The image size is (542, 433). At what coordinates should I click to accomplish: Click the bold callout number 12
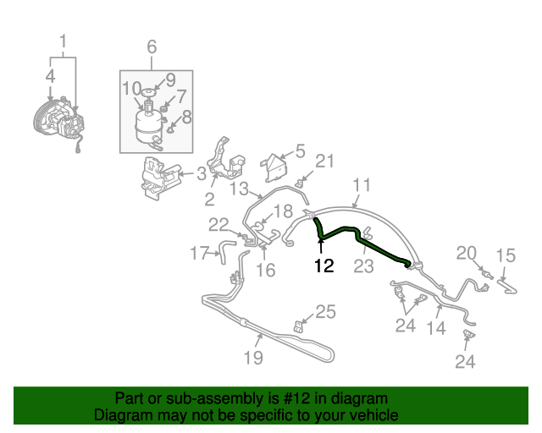(x=324, y=266)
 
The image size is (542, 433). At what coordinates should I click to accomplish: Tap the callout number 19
(x=253, y=358)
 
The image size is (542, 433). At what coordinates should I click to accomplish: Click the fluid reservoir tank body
(x=149, y=126)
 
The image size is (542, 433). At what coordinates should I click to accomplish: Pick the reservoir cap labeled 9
(x=148, y=92)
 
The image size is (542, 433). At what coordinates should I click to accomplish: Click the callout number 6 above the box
(x=152, y=47)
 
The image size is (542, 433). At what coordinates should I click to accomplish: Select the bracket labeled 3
(x=160, y=178)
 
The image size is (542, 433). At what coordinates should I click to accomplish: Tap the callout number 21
(x=325, y=161)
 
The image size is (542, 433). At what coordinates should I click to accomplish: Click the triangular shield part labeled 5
(x=274, y=168)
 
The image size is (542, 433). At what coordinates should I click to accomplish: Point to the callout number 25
(x=325, y=311)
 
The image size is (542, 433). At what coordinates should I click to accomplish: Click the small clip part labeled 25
(x=298, y=326)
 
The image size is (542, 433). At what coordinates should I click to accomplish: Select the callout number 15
(x=506, y=255)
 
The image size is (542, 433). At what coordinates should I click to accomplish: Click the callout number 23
(x=363, y=266)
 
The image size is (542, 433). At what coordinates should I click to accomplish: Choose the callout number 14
(x=436, y=328)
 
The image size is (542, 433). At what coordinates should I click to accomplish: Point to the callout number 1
(x=63, y=41)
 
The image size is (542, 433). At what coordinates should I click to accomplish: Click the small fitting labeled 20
(x=487, y=274)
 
